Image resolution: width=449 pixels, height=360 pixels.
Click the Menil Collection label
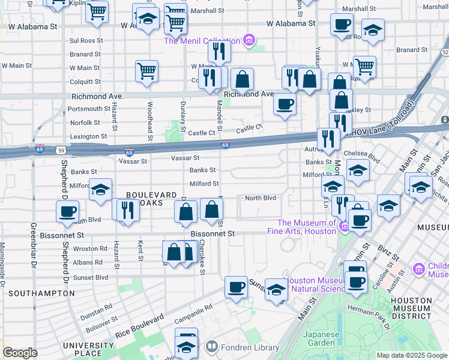pos(202,41)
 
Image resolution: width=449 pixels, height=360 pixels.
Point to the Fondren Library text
pos(250,347)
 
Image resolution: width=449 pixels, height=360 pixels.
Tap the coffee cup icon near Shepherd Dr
pos(67,211)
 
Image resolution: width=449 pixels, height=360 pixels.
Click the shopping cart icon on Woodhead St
pos(146,71)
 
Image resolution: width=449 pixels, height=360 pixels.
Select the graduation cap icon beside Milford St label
pos(100,189)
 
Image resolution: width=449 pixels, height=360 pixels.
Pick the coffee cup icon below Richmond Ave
pos(285,104)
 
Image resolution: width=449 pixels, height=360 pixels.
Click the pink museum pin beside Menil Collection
pos(249,41)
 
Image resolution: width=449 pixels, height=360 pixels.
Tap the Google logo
pos(20,353)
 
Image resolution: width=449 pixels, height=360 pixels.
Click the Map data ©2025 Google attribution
pos(412,355)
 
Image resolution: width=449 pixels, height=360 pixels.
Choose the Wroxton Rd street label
pos(90,248)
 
